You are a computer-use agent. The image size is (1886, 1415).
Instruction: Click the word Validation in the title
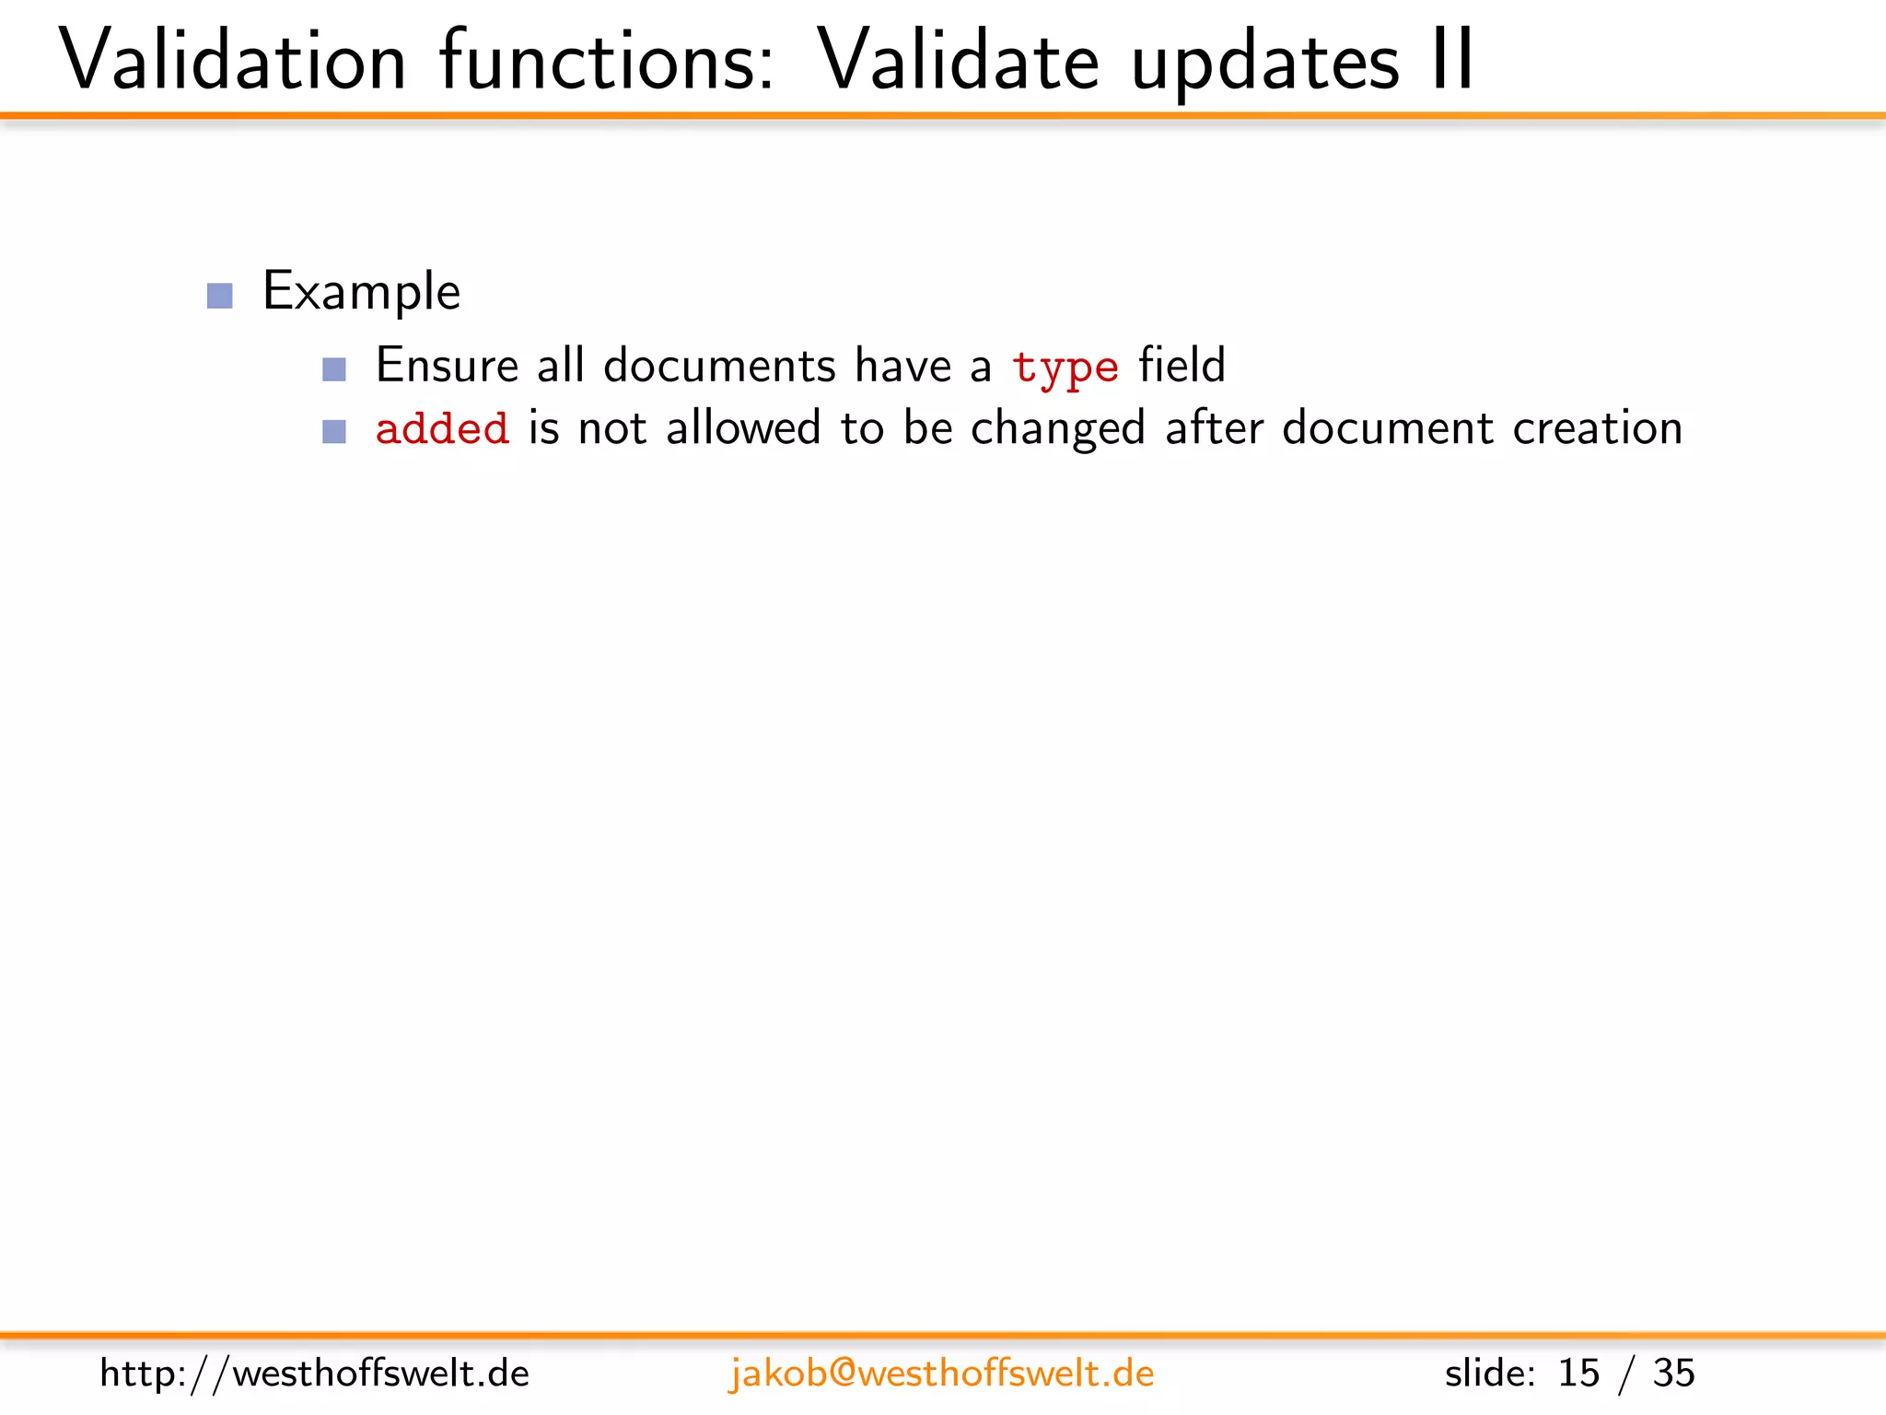[x=232, y=61]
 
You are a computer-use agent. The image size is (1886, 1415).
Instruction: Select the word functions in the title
[x=607, y=61]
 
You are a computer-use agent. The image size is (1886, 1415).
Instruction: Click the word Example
[x=361, y=292]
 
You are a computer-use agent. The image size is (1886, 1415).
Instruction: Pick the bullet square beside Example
[x=220, y=296]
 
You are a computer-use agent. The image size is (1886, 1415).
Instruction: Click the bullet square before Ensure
[x=334, y=369]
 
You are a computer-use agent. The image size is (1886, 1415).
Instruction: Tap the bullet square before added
[x=334, y=431]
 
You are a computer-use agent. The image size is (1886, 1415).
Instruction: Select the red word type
[x=1065, y=367]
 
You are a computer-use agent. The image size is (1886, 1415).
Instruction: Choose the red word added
[x=442, y=429]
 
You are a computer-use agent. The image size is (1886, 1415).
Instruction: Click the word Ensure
[x=447, y=365]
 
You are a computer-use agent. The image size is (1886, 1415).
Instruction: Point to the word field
[x=1182, y=365]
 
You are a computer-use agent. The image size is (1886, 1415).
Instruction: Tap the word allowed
[x=743, y=428]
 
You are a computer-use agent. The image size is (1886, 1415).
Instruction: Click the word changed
[x=1058, y=429]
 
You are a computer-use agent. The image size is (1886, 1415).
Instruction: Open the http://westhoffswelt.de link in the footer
[x=314, y=1374]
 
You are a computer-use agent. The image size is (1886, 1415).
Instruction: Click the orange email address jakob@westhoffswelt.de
[x=941, y=1374]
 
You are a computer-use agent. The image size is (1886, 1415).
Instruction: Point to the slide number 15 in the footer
[x=1578, y=1374]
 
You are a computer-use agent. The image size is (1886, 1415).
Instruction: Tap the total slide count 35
[x=1673, y=1374]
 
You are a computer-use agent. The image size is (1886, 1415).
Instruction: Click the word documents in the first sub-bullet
[x=719, y=365]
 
